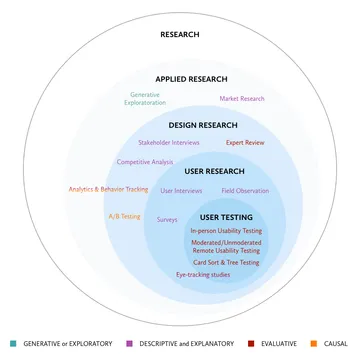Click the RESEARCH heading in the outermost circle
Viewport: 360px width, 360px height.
(x=180, y=34)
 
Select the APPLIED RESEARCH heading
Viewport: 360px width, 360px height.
(x=191, y=79)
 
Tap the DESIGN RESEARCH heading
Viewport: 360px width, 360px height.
(x=203, y=125)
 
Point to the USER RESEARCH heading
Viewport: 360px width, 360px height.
(x=214, y=171)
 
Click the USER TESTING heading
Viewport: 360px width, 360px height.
(x=226, y=217)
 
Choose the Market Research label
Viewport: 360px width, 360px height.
(x=242, y=99)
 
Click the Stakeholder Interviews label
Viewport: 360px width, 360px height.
(x=169, y=143)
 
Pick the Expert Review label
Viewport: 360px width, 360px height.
(x=245, y=143)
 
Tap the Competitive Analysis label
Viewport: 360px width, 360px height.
(x=145, y=162)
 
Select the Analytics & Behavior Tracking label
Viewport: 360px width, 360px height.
(x=108, y=189)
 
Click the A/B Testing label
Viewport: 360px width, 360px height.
(x=124, y=216)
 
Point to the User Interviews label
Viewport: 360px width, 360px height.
(x=181, y=191)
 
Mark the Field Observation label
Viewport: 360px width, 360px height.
(x=245, y=191)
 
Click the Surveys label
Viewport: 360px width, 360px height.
(x=167, y=220)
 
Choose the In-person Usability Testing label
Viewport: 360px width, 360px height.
(x=226, y=231)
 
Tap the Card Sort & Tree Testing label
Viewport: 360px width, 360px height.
(x=226, y=262)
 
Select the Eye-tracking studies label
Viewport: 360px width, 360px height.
(x=203, y=275)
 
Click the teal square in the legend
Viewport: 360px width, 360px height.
(x=13, y=344)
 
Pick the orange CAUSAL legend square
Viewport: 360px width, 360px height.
(x=314, y=344)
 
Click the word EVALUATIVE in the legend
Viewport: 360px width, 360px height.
(x=279, y=344)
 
